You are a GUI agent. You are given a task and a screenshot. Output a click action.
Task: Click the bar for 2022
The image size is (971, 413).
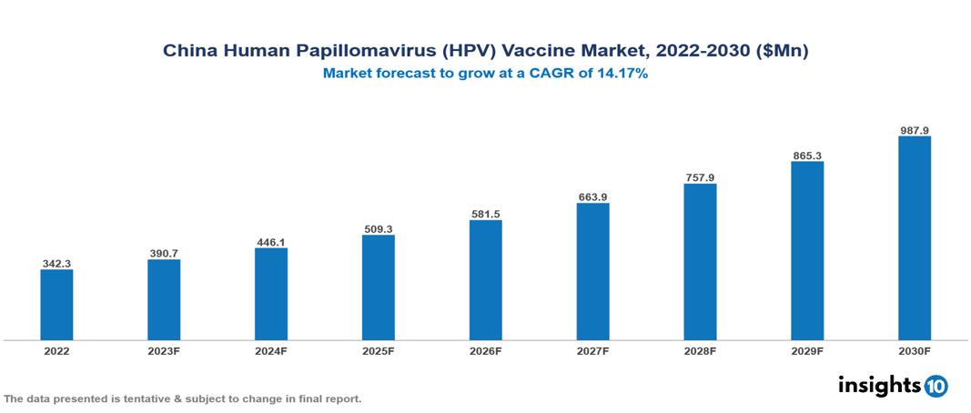(x=56, y=305)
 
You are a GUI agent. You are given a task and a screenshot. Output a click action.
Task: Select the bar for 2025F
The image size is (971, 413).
(x=379, y=287)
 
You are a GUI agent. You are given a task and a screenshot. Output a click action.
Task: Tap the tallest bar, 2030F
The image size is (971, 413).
(x=914, y=238)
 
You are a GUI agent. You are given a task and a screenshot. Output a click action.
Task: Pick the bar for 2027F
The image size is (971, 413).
(x=592, y=272)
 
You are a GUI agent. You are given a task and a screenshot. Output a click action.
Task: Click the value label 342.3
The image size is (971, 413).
(x=56, y=263)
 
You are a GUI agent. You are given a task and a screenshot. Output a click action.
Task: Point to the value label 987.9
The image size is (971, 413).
(x=914, y=130)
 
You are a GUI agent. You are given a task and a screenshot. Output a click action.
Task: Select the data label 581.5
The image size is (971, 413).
(x=485, y=214)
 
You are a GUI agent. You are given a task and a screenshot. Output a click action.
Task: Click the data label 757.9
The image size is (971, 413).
(x=700, y=177)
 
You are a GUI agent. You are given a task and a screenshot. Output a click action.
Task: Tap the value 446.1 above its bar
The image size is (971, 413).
(x=271, y=242)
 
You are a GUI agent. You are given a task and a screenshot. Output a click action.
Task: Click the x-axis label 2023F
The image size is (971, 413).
(x=164, y=350)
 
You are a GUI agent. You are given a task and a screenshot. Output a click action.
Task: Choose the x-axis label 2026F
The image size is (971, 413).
(x=485, y=350)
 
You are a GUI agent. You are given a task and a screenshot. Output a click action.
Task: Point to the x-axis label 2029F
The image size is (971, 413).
(x=806, y=350)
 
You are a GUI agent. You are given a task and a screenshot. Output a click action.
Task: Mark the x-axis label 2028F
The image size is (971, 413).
(x=700, y=350)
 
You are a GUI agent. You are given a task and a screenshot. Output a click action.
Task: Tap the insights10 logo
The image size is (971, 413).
(x=892, y=386)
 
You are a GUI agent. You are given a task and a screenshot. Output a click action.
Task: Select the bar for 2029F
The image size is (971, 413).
(x=806, y=251)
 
